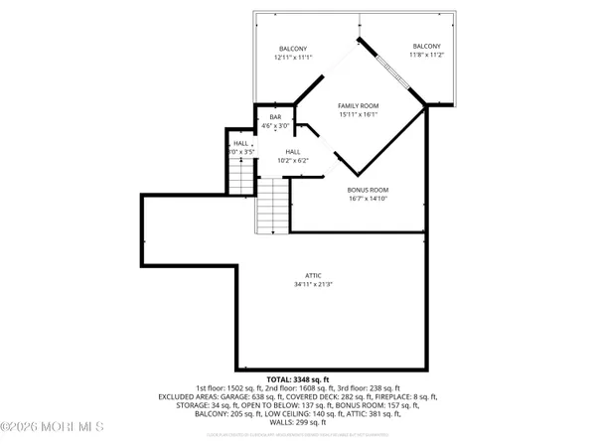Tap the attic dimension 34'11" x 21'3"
pos(313,285)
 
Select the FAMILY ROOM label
pos(359,105)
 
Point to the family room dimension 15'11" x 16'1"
pos(359,115)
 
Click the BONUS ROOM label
pos(368,190)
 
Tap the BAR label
pos(275,118)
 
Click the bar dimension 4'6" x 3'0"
pos(275,127)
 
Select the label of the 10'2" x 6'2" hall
pos(279,152)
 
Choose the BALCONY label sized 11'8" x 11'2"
pos(426,47)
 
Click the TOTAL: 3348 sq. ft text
pos(299,377)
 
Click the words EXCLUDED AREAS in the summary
pos(189,395)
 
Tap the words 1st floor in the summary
pos(214,387)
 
